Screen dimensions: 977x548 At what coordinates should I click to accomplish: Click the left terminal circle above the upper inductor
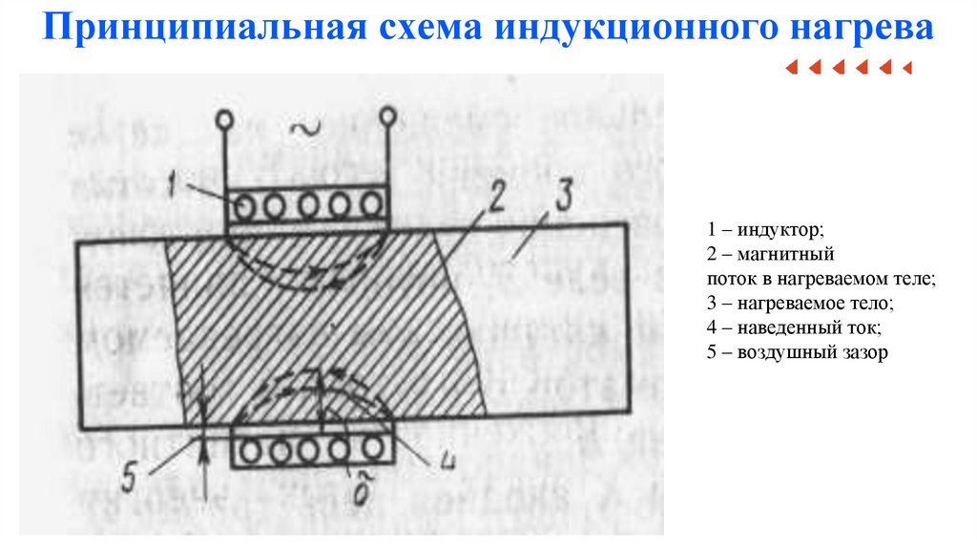tap(224, 120)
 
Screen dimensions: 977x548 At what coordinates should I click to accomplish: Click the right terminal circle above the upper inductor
tap(388, 116)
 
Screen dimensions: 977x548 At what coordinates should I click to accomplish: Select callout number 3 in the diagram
tap(562, 198)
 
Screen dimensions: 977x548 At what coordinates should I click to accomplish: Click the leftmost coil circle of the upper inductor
tap(249, 207)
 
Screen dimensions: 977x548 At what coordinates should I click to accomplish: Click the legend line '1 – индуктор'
tap(764, 230)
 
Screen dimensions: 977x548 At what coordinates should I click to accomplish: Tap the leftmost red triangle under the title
tap(790, 68)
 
